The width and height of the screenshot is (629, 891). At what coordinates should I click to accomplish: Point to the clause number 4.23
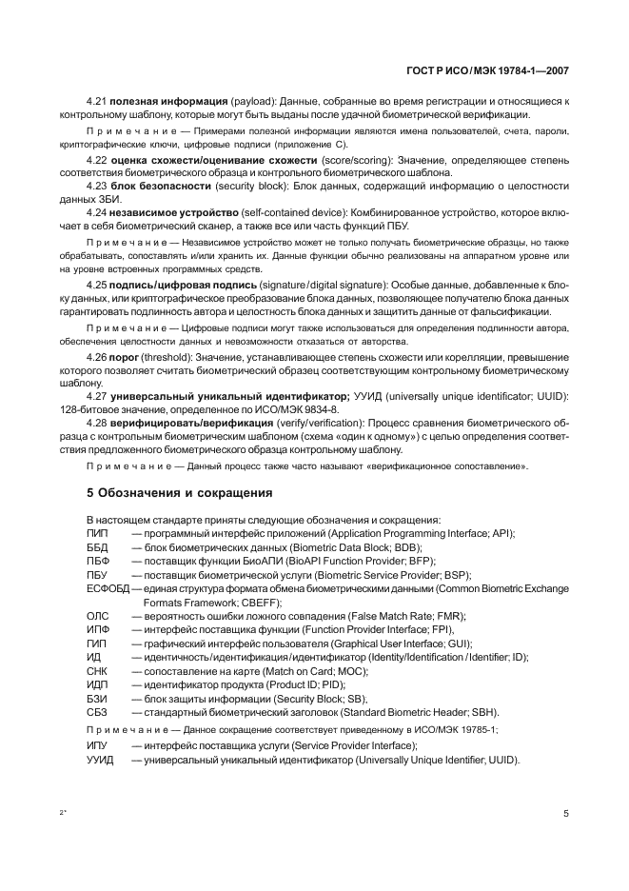pyautogui.click(x=97, y=187)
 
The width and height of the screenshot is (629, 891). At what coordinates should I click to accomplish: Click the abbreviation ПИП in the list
pyautogui.click(x=97, y=533)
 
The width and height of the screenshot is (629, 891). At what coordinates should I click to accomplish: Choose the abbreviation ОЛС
pyautogui.click(x=98, y=616)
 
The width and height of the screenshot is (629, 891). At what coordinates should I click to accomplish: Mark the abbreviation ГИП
pyautogui.click(x=97, y=643)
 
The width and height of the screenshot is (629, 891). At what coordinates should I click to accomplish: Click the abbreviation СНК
pyautogui.click(x=97, y=671)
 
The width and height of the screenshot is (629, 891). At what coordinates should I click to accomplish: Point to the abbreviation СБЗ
pyautogui.click(x=97, y=712)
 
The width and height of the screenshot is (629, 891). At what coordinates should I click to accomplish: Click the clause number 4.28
pyautogui.click(x=97, y=422)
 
